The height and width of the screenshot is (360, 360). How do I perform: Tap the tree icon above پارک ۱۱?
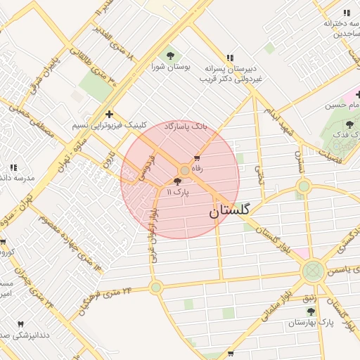[x=176, y=181]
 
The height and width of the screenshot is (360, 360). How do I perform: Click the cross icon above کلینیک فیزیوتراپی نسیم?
[x=109, y=114]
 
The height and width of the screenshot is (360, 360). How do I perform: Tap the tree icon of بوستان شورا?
[x=170, y=55]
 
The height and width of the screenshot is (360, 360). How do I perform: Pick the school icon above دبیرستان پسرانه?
[x=229, y=58]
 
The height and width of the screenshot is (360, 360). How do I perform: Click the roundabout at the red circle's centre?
[x=185, y=170]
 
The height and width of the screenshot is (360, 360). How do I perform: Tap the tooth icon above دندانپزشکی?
[x=20, y=325]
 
